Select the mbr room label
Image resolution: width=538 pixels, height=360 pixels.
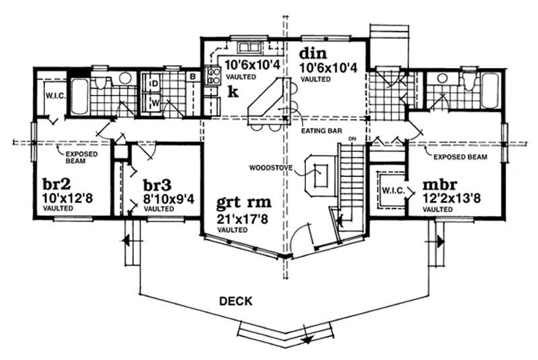point(440,184)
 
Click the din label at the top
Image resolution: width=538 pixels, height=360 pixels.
point(312,52)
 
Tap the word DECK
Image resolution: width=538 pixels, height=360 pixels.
point(235,301)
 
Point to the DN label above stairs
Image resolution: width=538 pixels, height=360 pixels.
point(350,139)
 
